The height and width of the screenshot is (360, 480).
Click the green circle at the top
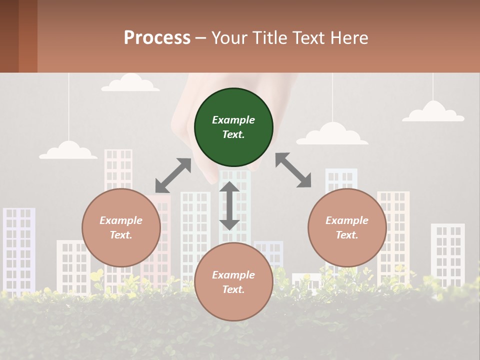pyautogui.click(x=233, y=127)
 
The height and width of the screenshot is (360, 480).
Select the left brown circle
pyautogui.click(x=121, y=227)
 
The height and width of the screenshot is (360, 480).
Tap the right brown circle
pyautogui.click(x=347, y=227)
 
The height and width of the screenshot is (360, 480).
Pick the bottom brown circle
pyautogui.click(x=233, y=282)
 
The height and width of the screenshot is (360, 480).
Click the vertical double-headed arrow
pyautogui.click(x=229, y=205)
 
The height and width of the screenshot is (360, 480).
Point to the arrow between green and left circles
pyautogui.click(x=173, y=175)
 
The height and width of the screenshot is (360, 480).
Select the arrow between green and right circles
pyautogui.click(x=293, y=170)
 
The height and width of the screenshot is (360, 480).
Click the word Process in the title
pyautogui.click(x=157, y=38)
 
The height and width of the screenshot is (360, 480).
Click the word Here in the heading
pyautogui.click(x=349, y=38)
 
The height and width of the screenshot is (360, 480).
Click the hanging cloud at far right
pyautogui.click(x=433, y=112)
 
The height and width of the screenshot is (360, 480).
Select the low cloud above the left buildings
pyautogui.click(x=68, y=150)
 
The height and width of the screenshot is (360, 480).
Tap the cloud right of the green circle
pyautogui.click(x=332, y=134)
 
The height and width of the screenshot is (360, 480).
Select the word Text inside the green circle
pyautogui.click(x=233, y=134)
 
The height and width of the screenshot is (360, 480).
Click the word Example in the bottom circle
pyautogui.click(x=233, y=274)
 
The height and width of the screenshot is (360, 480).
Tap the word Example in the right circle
pyautogui.click(x=347, y=220)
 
